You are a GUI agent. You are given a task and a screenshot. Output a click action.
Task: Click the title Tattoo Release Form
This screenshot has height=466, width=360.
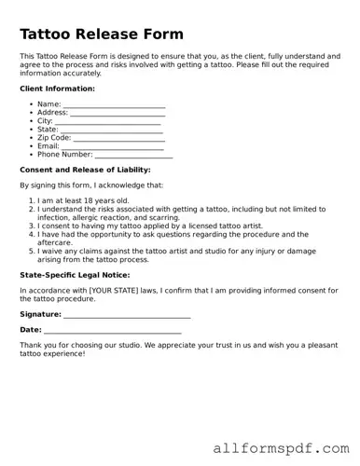[x=101, y=35]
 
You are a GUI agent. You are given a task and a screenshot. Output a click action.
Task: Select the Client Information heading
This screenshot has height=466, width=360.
[x=57, y=89]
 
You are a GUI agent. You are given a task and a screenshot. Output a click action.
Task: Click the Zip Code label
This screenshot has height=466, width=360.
[x=54, y=138]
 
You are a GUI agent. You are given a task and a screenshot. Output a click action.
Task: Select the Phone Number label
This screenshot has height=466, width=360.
[x=64, y=155]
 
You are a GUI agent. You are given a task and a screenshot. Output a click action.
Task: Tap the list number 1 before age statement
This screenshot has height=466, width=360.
[x=32, y=200]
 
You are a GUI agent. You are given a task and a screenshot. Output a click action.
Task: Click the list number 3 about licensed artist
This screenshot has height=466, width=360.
[x=32, y=226]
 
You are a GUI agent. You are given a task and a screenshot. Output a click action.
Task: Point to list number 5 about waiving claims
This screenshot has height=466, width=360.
[x=32, y=252]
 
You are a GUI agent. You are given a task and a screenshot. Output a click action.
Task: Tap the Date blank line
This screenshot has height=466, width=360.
[x=113, y=332]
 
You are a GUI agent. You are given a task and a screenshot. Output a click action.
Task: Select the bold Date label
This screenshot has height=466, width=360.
[x=30, y=330]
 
